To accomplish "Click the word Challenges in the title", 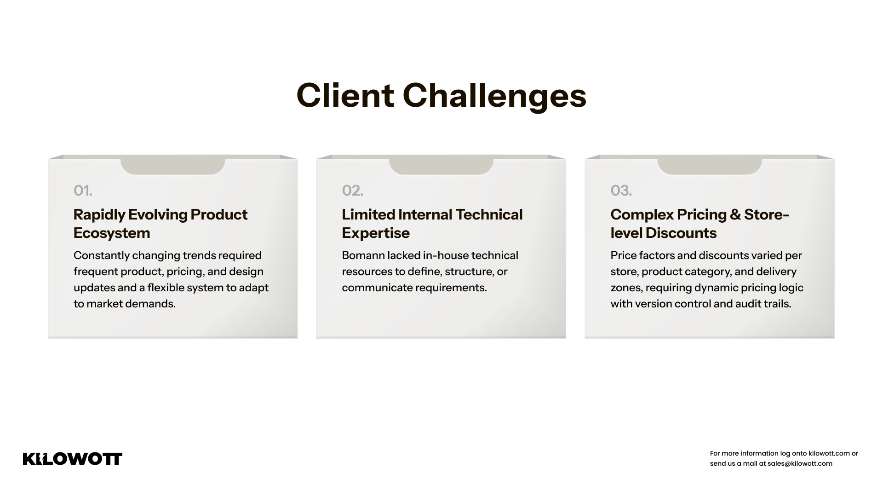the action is pos(494,97).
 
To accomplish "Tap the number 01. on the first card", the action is pos(83,191).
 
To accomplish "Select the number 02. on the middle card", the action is pos(353,191).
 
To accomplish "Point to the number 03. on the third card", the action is pos(621,191).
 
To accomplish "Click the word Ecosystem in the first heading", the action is pos(112,233).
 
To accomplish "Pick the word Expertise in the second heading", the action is pos(376,233).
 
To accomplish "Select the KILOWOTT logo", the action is pos(73,459).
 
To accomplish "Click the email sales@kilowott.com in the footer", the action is pos(800,463).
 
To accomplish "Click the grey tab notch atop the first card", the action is pos(172,166).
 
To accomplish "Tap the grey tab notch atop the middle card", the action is pos(441,166).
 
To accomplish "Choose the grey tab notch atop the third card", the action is pos(710,166).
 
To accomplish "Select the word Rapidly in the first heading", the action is pos(98,215).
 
